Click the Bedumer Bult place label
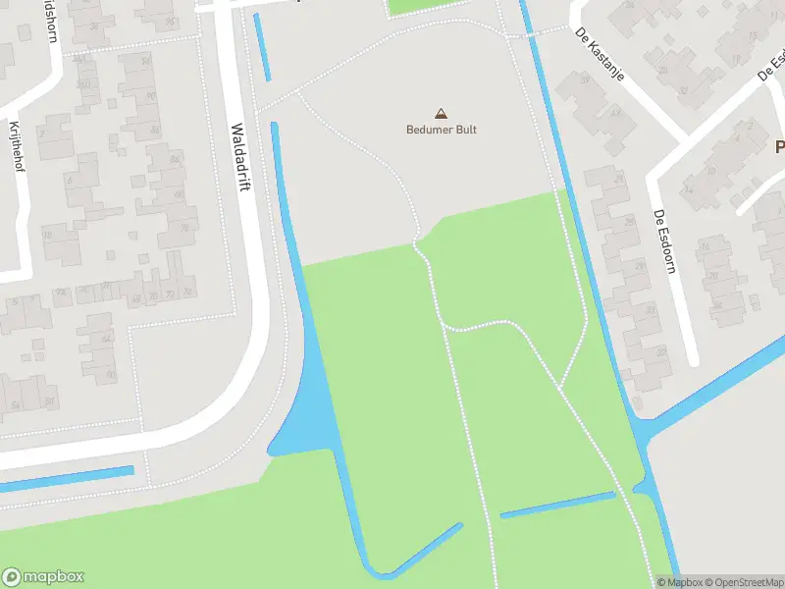coord(442,130)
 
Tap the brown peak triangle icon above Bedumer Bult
coord(441,114)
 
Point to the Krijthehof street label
coord(16,146)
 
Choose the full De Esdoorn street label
coord(664,241)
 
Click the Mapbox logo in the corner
coord(43,577)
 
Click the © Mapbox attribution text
coord(681,582)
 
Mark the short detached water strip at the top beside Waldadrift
coord(262,47)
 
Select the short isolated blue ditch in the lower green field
coord(557,505)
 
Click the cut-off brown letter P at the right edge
coord(779,147)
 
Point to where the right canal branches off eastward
coord(650,432)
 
